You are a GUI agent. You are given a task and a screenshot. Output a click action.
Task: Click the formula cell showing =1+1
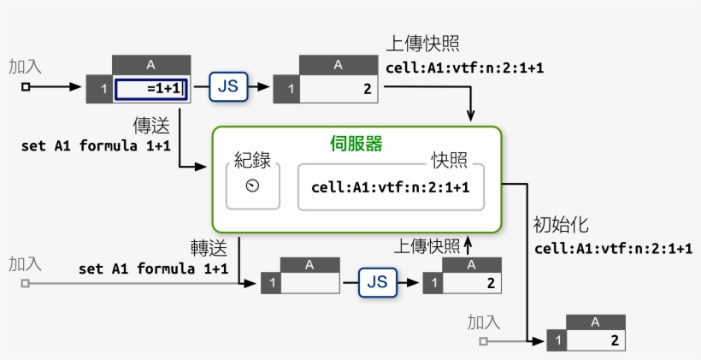tap(150, 88)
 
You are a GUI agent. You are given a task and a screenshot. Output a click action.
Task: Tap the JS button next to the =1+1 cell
tap(227, 86)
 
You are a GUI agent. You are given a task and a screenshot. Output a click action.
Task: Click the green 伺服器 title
tap(356, 144)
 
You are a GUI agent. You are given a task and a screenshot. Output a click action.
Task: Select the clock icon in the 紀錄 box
tap(252, 186)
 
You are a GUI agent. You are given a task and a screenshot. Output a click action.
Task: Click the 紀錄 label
tap(253, 161)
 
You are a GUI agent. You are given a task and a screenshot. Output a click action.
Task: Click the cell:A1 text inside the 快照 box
tap(391, 187)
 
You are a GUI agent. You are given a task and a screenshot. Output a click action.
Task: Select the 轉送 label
tap(208, 248)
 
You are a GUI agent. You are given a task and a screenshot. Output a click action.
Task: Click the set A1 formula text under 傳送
tap(96, 145)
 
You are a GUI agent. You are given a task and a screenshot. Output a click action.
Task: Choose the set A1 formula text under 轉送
tap(153, 269)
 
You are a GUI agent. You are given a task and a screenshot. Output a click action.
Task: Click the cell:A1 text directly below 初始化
tap(613, 249)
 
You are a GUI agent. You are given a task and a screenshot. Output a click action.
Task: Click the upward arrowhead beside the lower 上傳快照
tap(468, 245)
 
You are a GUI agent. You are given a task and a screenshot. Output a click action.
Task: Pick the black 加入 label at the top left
tap(25, 66)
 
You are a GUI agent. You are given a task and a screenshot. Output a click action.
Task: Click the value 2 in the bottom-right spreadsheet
tap(615, 341)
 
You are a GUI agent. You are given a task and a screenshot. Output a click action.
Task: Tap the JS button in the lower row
tap(378, 281)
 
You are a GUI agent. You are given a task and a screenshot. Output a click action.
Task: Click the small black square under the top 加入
tap(26, 87)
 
